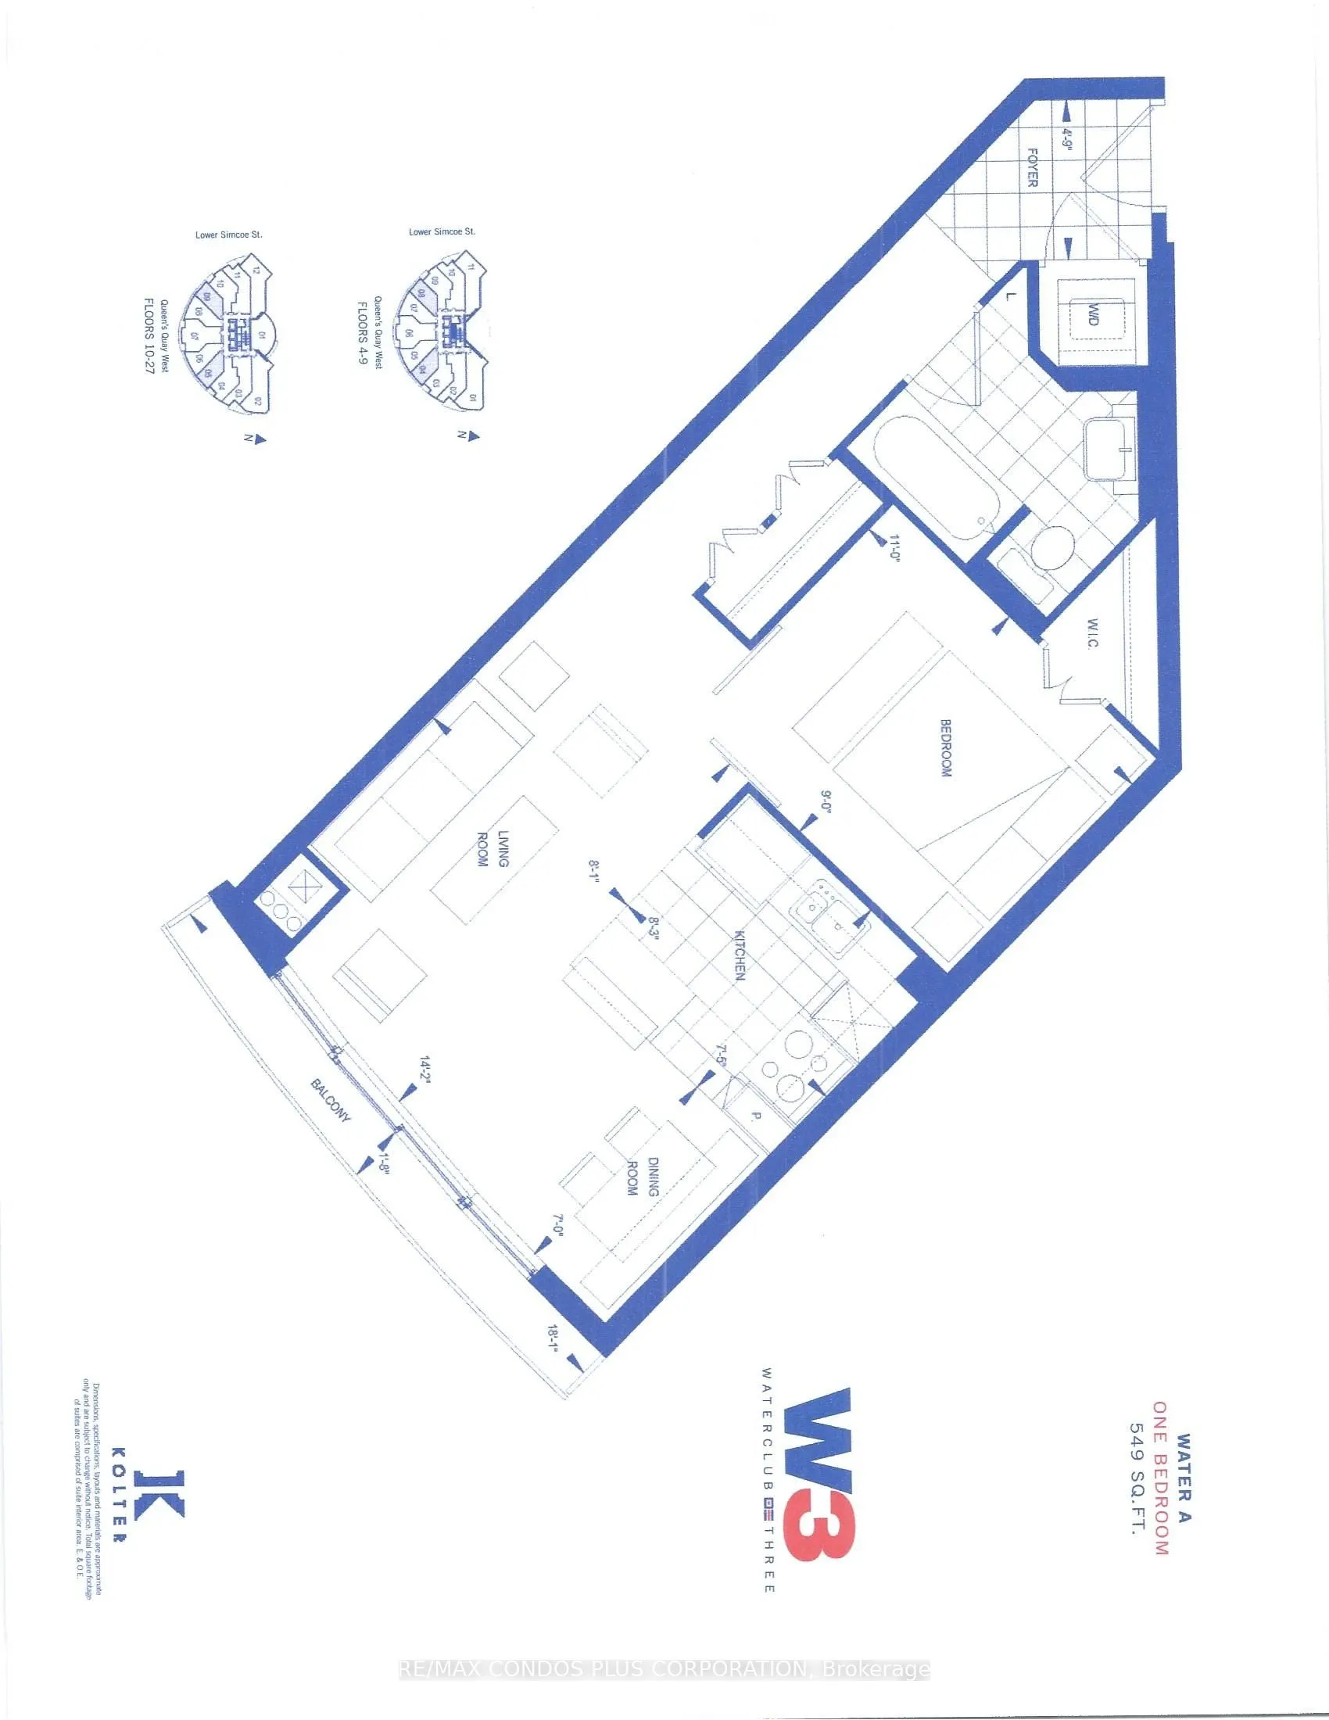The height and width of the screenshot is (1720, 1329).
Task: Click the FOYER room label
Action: coord(1032,167)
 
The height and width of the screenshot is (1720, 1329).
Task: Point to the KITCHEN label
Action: coord(740,955)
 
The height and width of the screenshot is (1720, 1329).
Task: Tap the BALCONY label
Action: coord(331,1100)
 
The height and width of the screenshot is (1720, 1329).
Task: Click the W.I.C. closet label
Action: coord(1094,633)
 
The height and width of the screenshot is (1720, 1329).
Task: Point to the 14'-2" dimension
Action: coord(425,1072)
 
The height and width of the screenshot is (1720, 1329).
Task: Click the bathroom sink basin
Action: coord(1109,450)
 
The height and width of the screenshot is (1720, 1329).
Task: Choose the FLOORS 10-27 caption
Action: coord(149,336)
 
